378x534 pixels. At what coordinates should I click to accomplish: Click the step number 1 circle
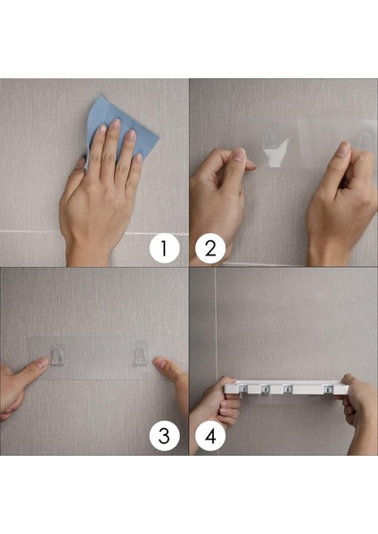point(164,248)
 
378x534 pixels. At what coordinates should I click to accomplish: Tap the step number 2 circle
point(210,248)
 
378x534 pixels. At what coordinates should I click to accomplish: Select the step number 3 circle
point(164,436)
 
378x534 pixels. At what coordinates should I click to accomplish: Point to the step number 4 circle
point(210,436)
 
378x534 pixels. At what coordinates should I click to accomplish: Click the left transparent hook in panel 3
point(58,356)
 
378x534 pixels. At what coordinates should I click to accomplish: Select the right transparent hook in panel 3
point(141,356)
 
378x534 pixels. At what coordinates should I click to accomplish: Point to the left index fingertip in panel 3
point(42,362)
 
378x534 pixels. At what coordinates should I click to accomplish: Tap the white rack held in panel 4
point(286,387)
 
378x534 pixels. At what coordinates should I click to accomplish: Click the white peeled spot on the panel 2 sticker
point(277,154)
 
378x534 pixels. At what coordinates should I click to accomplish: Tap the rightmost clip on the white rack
point(329,389)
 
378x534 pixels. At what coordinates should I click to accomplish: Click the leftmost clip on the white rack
point(242,390)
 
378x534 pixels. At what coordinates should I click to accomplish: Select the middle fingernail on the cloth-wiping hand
point(116,124)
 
